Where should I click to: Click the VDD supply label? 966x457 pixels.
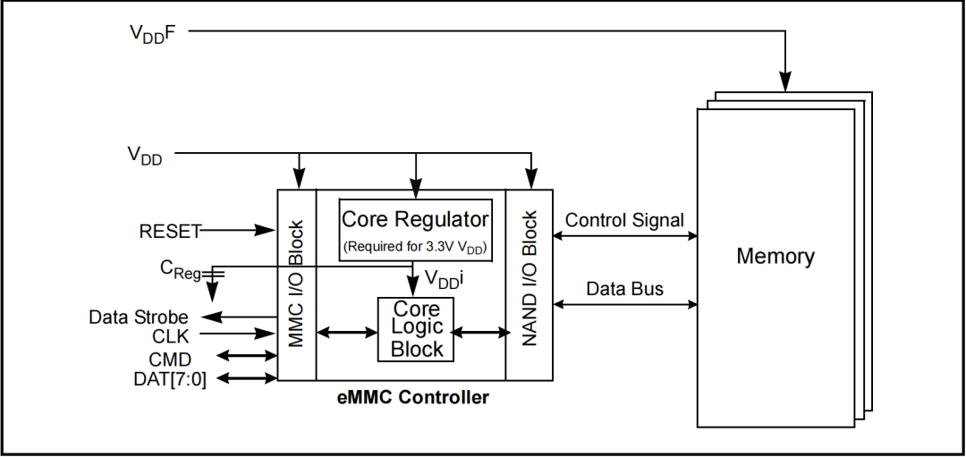point(144,155)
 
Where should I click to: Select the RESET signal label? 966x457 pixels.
point(170,231)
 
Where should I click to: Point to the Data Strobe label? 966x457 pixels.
point(139,317)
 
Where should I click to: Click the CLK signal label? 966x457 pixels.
point(171,336)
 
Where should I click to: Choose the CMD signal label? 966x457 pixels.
point(169,360)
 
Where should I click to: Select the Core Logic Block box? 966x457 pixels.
point(417,329)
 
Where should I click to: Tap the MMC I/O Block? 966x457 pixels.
point(297,284)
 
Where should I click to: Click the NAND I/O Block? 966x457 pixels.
point(529,284)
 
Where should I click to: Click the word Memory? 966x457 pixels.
point(775,257)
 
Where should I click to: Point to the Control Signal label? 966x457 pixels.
point(624,220)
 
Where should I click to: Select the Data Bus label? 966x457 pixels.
point(624,289)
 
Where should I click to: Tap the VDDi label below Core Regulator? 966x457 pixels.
point(444,280)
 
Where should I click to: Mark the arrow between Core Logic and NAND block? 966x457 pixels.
point(480,332)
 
